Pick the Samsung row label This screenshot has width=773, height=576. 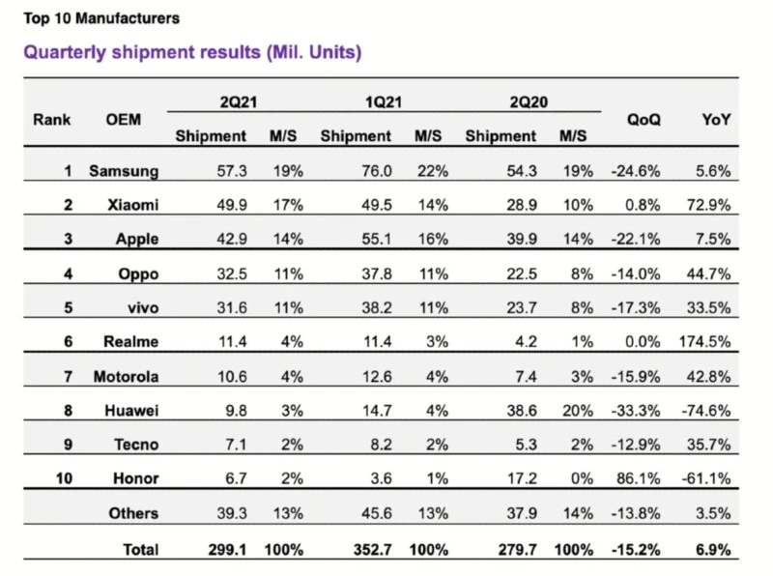tap(124, 172)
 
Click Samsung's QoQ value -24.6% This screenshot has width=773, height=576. tap(635, 172)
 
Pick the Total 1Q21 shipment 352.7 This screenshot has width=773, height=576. tap(371, 550)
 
